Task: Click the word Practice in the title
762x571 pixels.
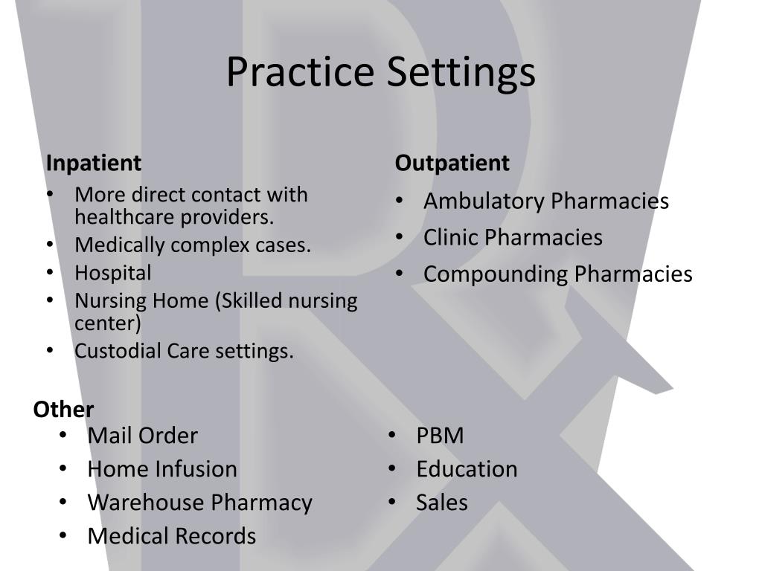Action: pyautogui.click(x=301, y=72)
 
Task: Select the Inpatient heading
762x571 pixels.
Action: pyautogui.click(x=94, y=163)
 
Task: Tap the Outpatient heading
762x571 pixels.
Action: pyautogui.click(x=452, y=163)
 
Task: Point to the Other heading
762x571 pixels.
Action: pyautogui.click(x=63, y=410)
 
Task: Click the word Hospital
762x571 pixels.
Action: pyautogui.click(x=113, y=273)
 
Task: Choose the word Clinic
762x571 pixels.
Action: pyautogui.click(x=452, y=238)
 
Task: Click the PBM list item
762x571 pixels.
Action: pyautogui.click(x=440, y=436)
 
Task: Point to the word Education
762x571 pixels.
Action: pyautogui.click(x=467, y=469)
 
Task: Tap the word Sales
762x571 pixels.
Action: pyautogui.click(x=442, y=503)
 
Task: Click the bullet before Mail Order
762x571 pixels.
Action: pyautogui.click(x=63, y=436)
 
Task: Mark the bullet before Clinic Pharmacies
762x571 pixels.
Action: pyautogui.click(x=400, y=238)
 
